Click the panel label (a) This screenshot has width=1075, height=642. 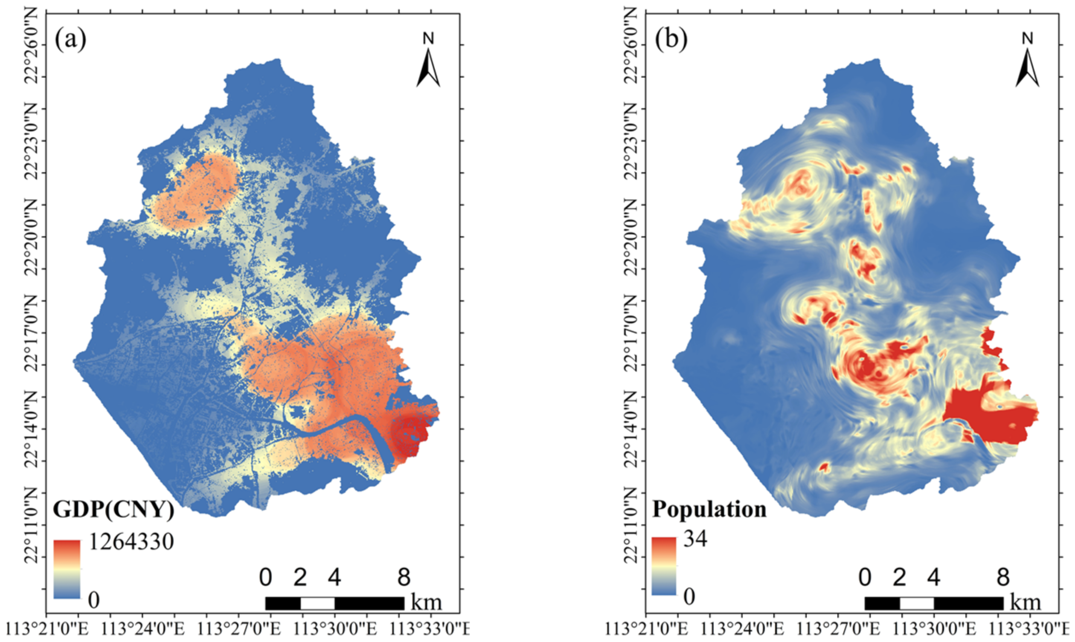tap(70, 40)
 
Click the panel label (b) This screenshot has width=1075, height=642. tap(671, 40)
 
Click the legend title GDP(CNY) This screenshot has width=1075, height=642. tap(113, 509)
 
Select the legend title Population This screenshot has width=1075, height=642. tap(709, 509)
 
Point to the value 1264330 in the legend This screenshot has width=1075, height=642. tap(131, 542)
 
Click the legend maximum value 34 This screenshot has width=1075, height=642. tap(695, 539)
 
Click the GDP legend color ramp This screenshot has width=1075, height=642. tap(67, 569)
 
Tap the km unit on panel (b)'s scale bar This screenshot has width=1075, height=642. tap(1025, 603)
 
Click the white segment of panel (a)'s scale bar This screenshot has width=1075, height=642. tap(318, 603)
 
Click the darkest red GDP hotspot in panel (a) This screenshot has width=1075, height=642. tap(409, 433)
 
